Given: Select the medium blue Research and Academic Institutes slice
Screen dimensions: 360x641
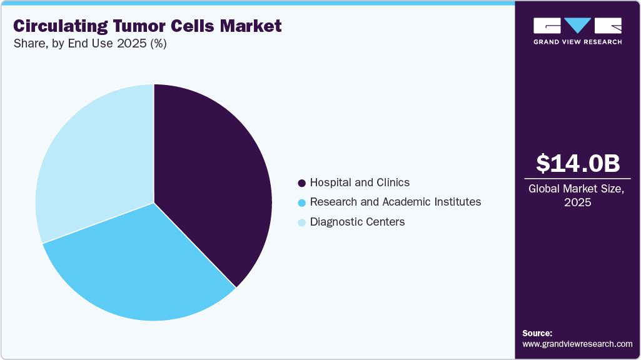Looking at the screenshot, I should click(138, 269).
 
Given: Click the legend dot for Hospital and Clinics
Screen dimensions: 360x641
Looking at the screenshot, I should click(301, 183).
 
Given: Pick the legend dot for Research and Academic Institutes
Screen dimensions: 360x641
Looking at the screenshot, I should click(301, 202).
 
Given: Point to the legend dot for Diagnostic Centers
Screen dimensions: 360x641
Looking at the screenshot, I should click(301, 222).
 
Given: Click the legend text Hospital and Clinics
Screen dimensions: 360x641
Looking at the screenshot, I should click(360, 182).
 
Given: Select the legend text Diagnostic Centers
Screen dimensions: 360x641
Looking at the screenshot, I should click(357, 222).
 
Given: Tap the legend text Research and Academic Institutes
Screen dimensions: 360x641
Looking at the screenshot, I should click(395, 202).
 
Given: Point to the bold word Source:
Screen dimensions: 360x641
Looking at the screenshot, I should click(537, 333).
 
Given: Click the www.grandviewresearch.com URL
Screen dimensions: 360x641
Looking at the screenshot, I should click(577, 344).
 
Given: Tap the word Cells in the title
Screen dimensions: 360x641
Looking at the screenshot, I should click(197, 26).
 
